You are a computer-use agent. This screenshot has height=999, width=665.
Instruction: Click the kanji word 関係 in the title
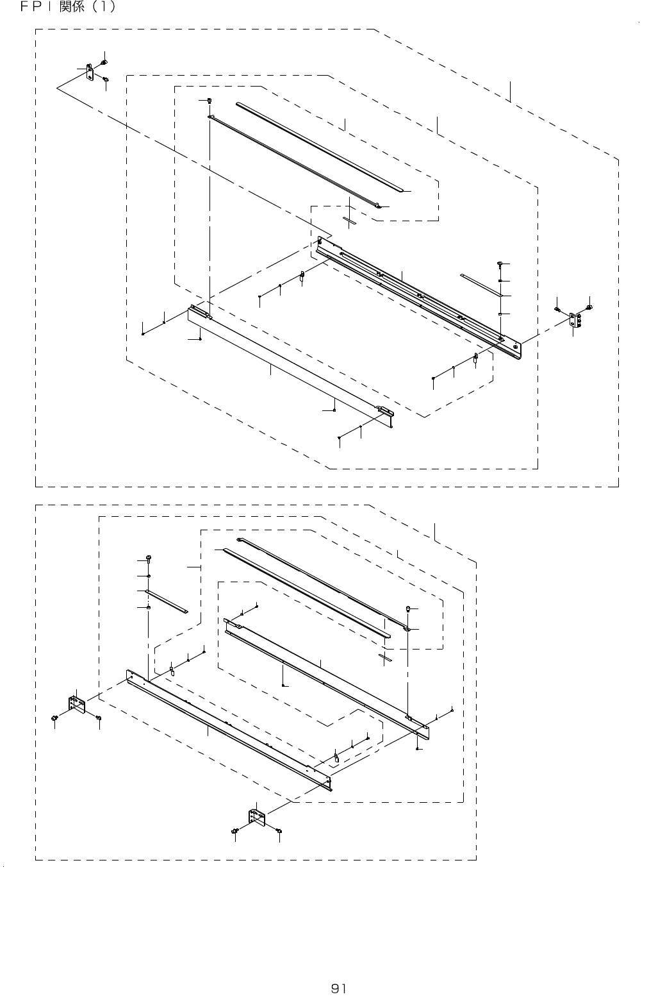click(x=70, y=8)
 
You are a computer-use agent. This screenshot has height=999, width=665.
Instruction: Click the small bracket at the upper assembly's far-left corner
click(x=90, y=71)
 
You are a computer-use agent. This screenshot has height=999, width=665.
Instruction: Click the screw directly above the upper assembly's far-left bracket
click(x=104, y=62)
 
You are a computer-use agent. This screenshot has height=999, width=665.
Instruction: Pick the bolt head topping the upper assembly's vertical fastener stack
click(x=499, y=264)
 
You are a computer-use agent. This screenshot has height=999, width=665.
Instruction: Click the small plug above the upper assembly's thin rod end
click(x=209, y=100)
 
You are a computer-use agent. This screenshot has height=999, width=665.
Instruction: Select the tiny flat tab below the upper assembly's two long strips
click(x=349, y=220)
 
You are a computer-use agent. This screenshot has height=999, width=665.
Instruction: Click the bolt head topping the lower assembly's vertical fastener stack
click(x=149, y=556)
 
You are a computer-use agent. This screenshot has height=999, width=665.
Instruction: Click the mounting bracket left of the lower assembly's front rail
click(x=77, y=704)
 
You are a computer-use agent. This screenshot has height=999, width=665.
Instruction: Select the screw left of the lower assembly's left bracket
click(x=55, y=716)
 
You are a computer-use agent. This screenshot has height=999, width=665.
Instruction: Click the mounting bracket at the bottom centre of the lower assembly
click(x=256, y=818)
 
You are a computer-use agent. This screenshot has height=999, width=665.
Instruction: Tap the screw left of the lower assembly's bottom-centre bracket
click(x=235, y=831)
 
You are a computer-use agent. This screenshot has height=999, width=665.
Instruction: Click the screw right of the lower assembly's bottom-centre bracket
click(x=279, y=831)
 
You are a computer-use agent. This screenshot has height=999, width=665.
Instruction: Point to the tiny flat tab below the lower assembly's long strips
click(x=385, y=658)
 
